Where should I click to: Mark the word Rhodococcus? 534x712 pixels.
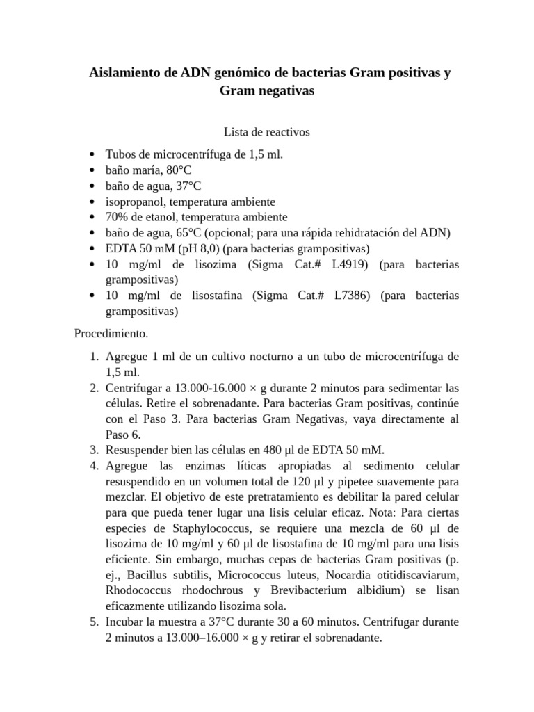(138, 590)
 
